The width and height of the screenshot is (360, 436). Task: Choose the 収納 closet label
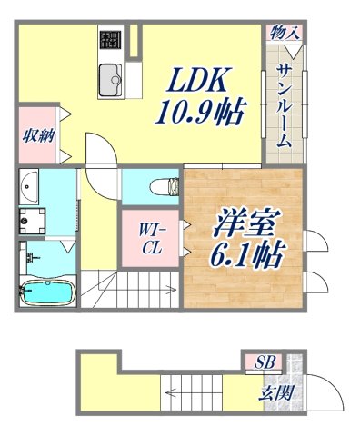[x=37, y=136]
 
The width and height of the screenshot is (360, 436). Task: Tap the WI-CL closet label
[x=150, y=242]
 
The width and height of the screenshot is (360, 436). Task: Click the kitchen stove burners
[x=112, y=40]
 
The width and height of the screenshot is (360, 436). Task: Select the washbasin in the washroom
[x=30, y=189]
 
